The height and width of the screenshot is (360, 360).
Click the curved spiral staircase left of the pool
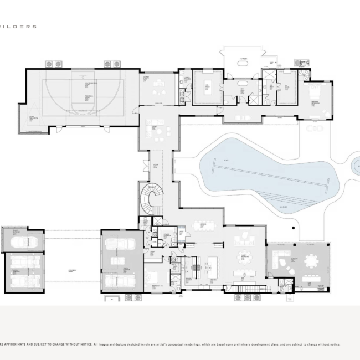click(150, 198)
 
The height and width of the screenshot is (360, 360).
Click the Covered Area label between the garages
click(71, 270)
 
